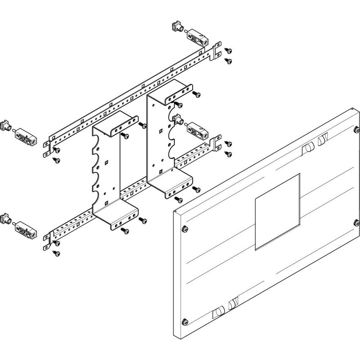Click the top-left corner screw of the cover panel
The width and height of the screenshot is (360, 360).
[x=184, y=228]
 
